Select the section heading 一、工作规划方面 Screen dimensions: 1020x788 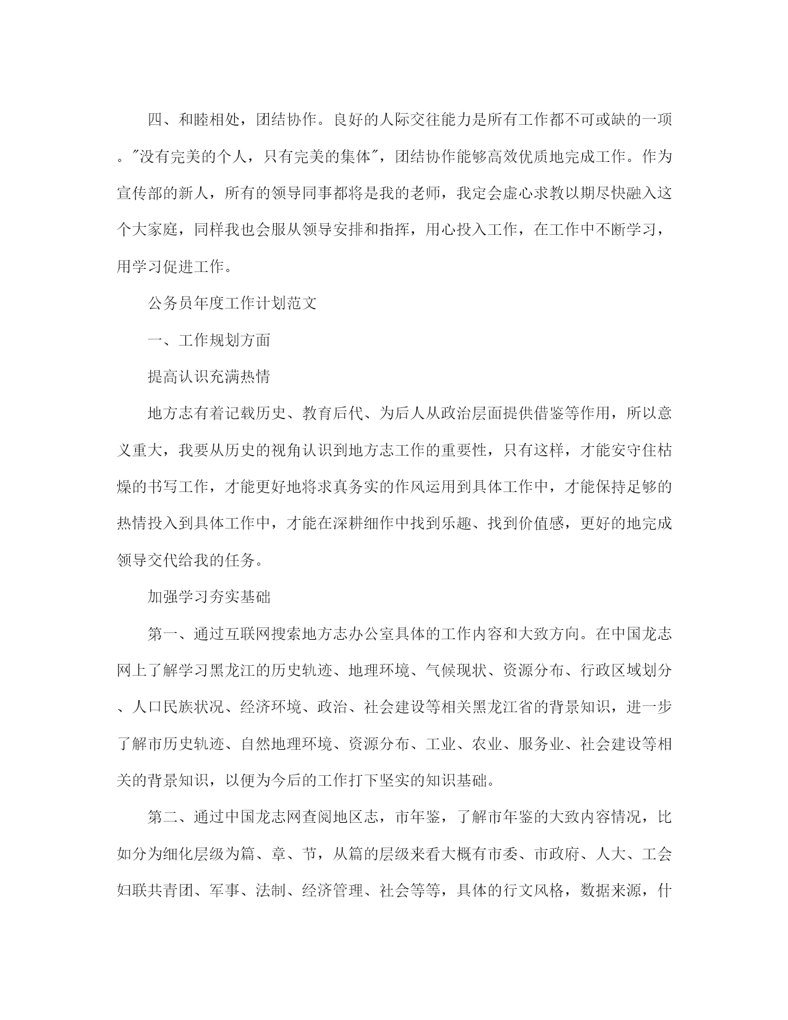point(209,340)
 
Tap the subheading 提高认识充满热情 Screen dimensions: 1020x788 point(209,376)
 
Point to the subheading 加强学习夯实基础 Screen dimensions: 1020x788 point(209,597)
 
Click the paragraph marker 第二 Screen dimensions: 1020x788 point(163,818)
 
